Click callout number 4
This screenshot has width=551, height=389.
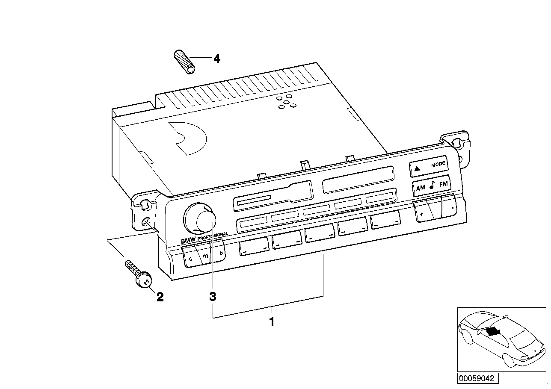pyautogui.click(x=217, y=58)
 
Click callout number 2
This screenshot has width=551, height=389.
pyautogui.click(x=160, y=296)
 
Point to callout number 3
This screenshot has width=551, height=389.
pyautogui.click(x=213, y=296)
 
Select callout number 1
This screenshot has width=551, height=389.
pyautogui.click(x=271, y=321)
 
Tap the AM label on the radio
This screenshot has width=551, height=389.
pyautogui.click(x=421, y=187)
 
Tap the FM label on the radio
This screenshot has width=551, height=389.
pyautogui.click(x=443, y=184)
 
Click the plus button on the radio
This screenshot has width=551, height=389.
pyautogui.click(x=421, y=213)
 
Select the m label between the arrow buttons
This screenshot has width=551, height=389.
pyautogui.click(x=205, y=256)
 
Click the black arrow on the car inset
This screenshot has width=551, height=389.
pyautogui.click(x=493, y=331)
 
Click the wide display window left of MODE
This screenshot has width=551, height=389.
pyautogui.click(x=358, y=179)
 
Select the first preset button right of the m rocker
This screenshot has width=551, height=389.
pyautogui.click(x=254, y=247)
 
